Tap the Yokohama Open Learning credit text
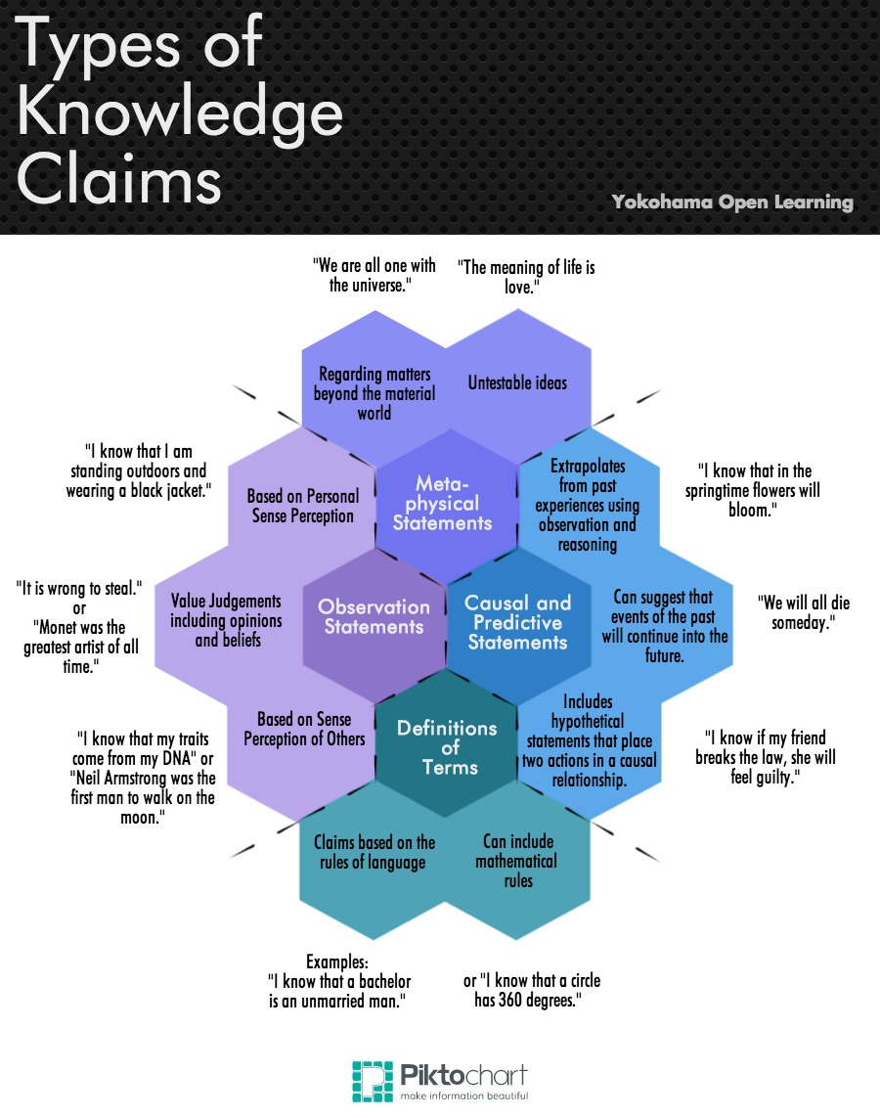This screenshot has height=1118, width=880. tap(732, 202)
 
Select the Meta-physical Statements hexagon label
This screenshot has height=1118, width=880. tap(442, 503)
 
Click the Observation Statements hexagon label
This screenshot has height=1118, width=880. tap(374, 616)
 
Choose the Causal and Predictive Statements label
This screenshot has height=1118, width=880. tap(517, 622)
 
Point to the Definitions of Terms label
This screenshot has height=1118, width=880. tap(447, 747)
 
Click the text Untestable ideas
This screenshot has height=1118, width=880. tap(517, 382)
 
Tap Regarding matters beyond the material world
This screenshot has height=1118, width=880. tap(374, 393)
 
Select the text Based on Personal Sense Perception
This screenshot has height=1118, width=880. tap(303, 506)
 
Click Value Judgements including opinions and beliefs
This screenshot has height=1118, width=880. tap(226, 620)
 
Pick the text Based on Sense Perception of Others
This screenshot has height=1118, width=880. tap(303, 729)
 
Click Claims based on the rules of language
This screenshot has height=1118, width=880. tap(374, 851)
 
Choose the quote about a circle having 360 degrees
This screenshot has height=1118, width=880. tap(532, 990)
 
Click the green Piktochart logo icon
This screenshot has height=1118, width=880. tap(372, 1081)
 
